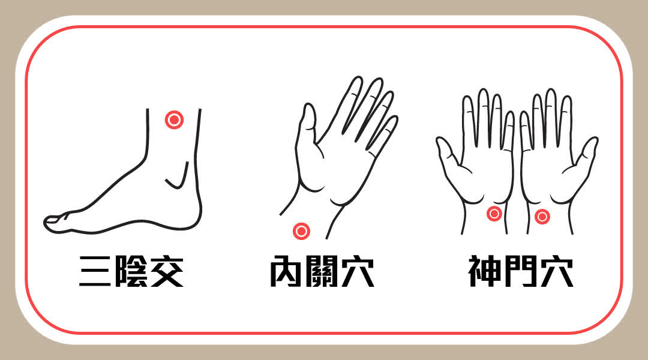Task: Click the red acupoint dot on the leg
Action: [174, 120]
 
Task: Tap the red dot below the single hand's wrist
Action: [301, 231]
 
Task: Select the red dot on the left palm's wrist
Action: [494, 214]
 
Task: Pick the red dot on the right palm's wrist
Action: [542, 217]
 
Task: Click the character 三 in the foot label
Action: [95, 271]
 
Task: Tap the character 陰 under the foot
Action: [131, 271]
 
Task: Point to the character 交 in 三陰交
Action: [167, 271]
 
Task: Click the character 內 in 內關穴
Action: [286, 271]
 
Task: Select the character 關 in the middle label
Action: [322, 271]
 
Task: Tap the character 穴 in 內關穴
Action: [358, 271]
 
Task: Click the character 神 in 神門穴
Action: [485, 271]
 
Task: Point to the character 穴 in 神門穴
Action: [557, 271]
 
